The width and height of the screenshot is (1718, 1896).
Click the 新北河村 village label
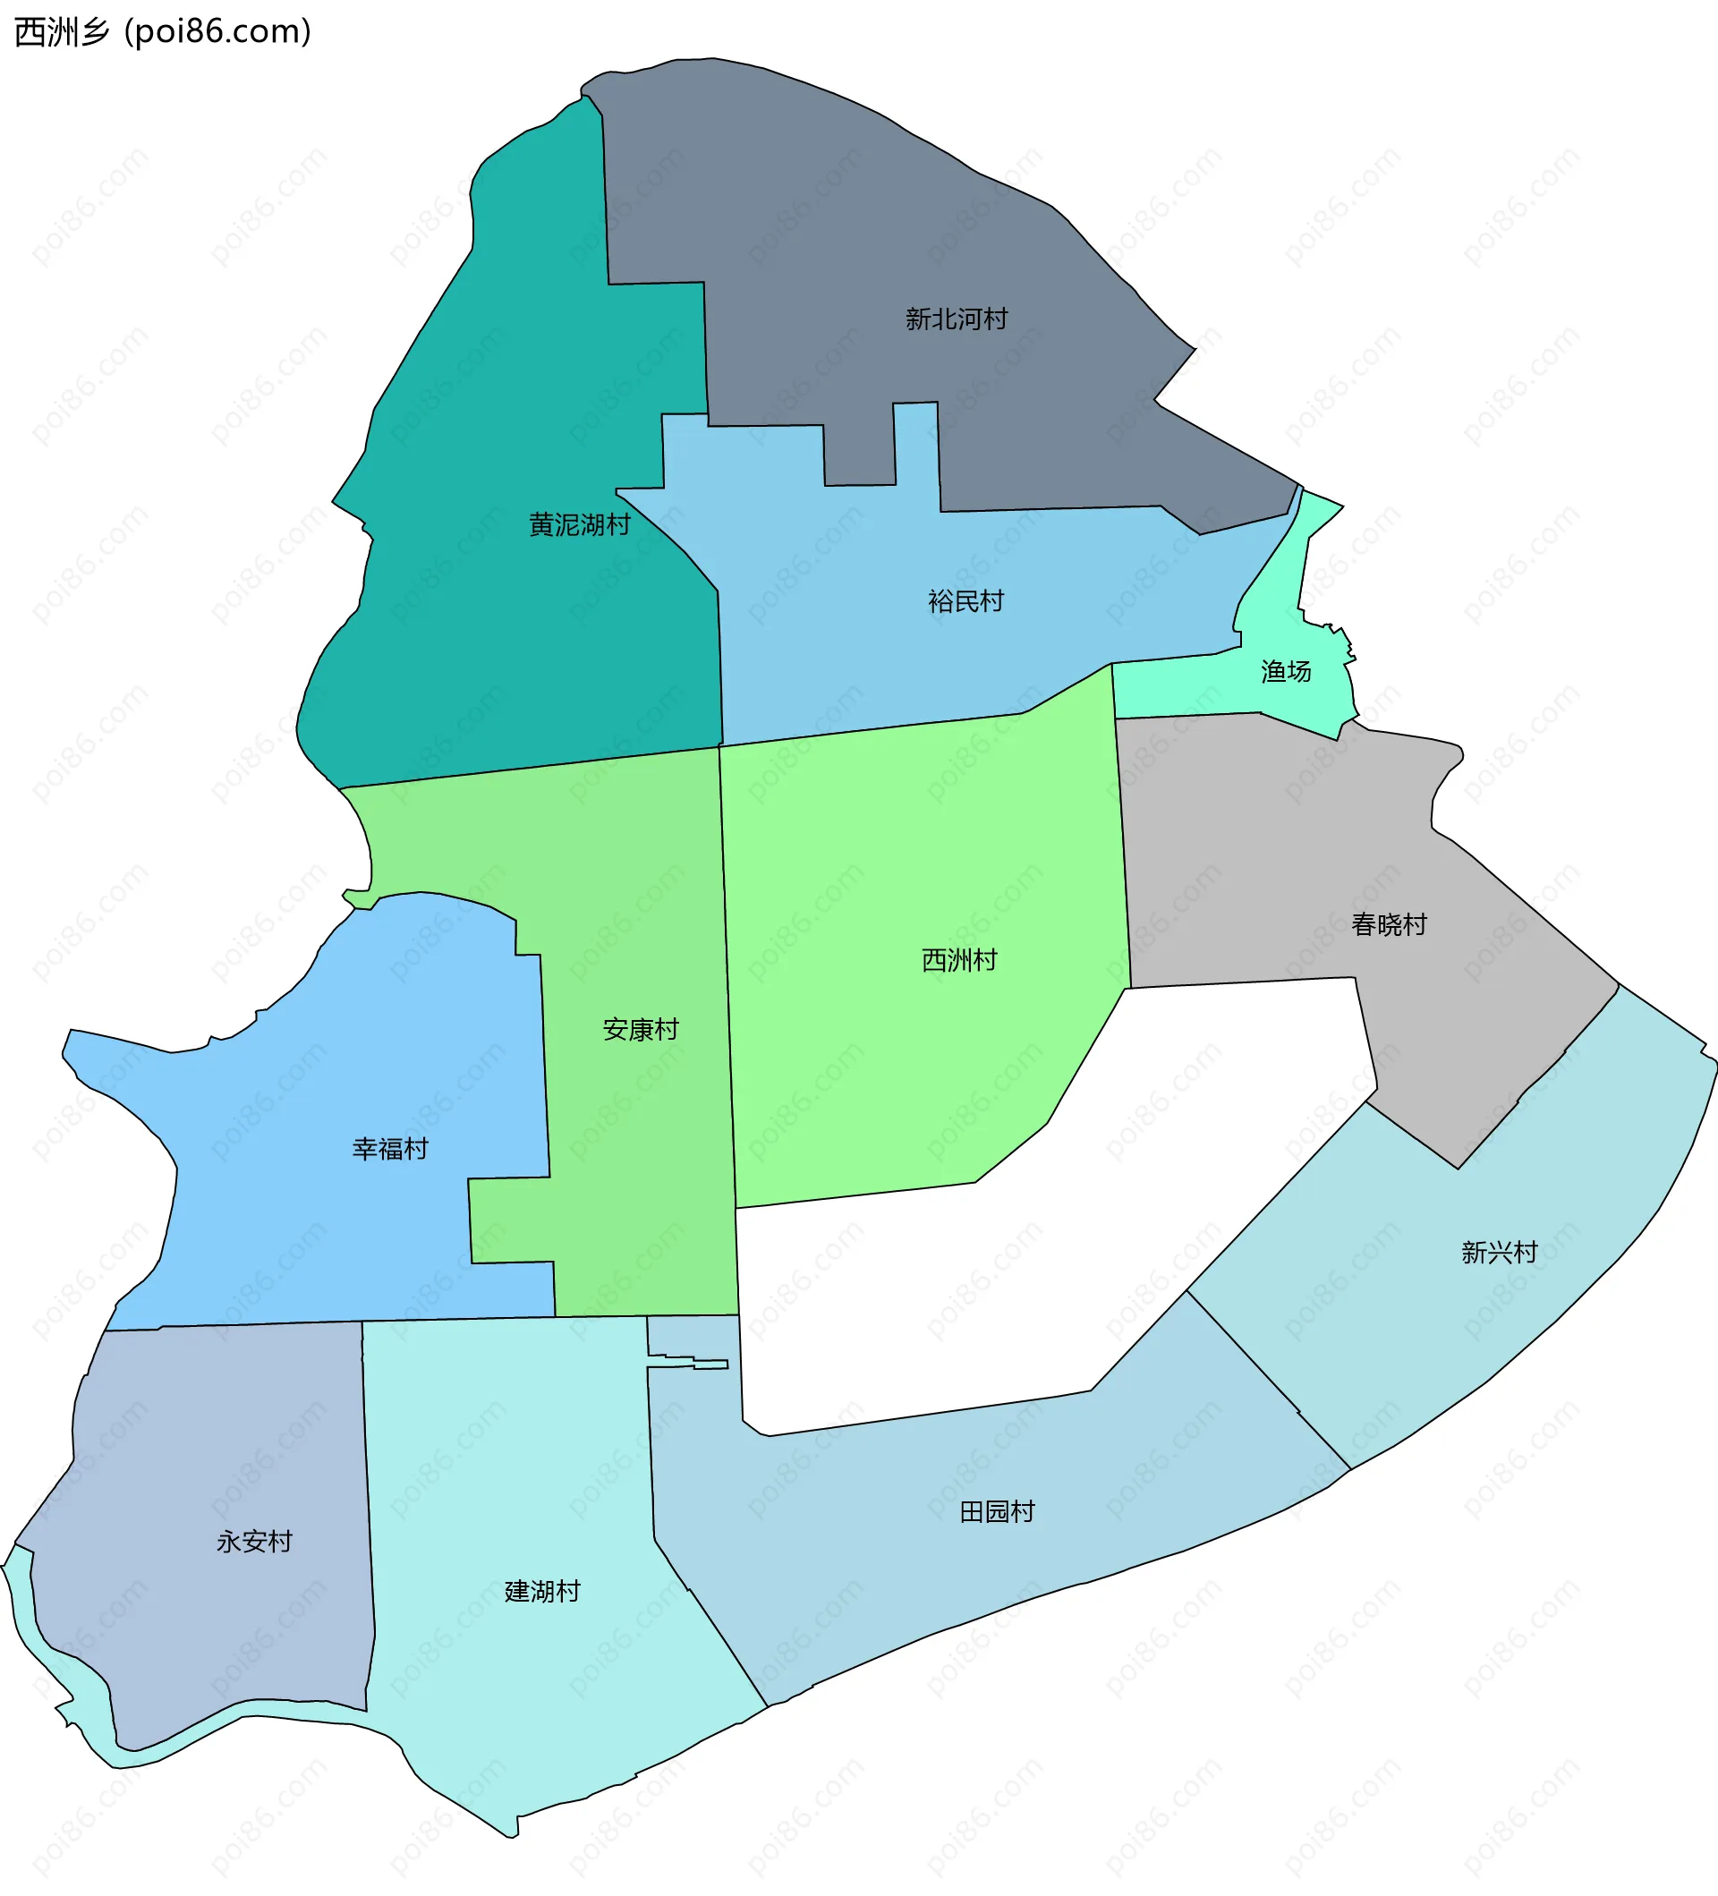click(957, 319)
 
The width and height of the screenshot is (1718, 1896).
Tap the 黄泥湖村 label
click(579, 525)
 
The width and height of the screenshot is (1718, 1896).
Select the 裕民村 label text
click(965, 601)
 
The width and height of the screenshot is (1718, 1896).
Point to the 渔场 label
click(1286, 671)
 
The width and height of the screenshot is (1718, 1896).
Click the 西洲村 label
click(959, 960)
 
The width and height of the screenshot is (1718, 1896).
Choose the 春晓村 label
click(1389, 924)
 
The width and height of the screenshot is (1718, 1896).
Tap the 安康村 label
click(641, 1030)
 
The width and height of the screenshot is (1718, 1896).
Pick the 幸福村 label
click(390, 1148)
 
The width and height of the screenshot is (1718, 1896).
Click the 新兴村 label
click(1499, 1252)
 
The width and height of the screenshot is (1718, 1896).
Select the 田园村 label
click(997, 1511)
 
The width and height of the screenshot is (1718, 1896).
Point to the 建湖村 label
click(542, 1591)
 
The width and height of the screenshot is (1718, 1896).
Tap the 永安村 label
click(254, 1542)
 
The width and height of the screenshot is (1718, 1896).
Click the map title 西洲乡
click(62, 32)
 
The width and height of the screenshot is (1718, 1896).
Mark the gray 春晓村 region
click(1270, 846)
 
